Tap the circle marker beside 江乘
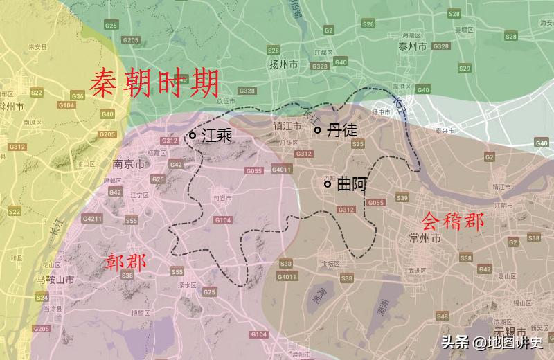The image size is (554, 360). click(193, 136)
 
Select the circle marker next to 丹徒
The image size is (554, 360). click(318, 130)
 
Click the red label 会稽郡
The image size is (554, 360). click(453, 222)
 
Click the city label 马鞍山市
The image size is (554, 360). click(55, 279)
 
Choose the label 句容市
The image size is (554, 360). click(222, 199)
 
